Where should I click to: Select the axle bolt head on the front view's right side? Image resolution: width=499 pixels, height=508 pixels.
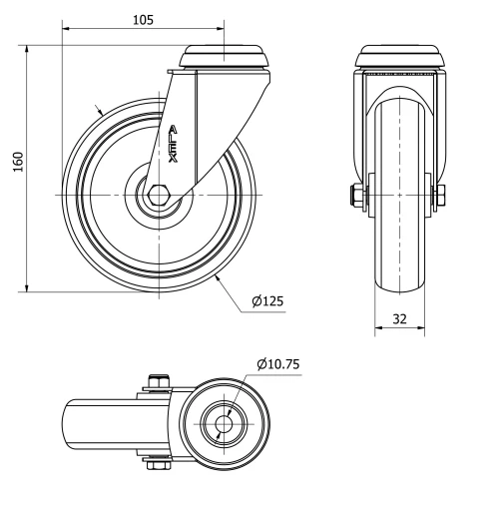coord(440,195)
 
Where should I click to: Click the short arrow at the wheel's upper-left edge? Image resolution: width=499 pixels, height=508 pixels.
coord(99,109)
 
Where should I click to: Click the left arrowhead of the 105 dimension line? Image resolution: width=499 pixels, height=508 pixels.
coord(67,30)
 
